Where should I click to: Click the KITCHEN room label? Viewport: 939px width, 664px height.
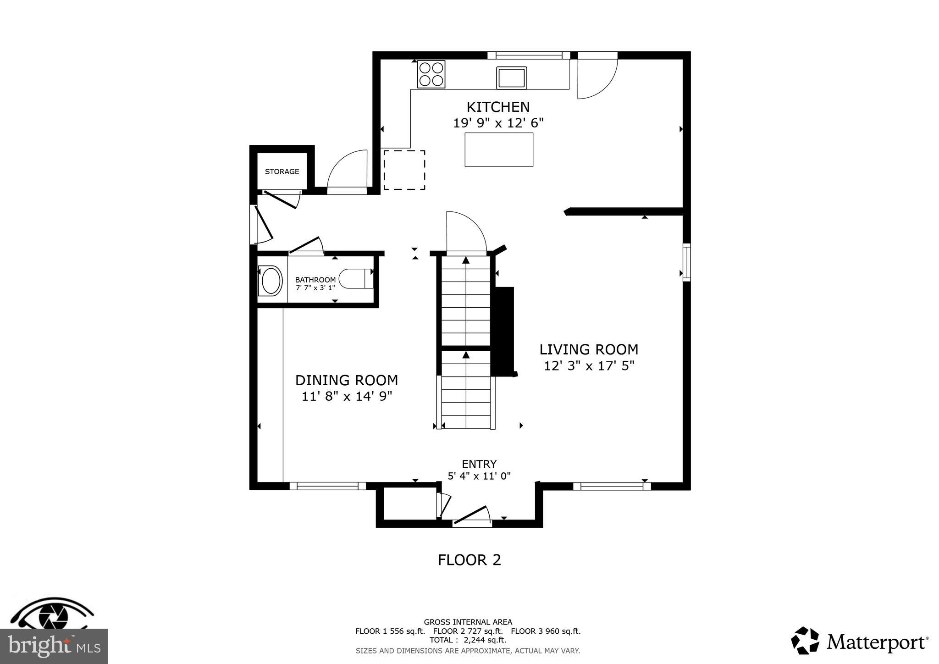[498, 107]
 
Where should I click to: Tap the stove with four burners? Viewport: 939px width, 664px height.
[431, 74]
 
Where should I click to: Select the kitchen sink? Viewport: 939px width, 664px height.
[511, 77]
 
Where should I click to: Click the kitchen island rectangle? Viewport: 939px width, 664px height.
[499, 149]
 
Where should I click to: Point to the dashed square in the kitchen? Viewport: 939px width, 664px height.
[404, 170]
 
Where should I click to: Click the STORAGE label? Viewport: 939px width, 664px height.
[282, 172]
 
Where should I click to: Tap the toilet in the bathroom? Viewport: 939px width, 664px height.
[356, 279]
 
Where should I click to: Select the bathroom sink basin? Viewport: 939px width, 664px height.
[270, 281]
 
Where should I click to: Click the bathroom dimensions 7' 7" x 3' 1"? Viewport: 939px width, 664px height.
[315, 288]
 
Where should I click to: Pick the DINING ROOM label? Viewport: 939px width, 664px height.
[346, 380]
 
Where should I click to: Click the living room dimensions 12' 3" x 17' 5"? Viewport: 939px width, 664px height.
[589, 366]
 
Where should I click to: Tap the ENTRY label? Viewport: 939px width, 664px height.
[479, 464]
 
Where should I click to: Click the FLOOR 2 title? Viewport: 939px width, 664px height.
[469, 560]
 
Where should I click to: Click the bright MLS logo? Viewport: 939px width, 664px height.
[54, 646]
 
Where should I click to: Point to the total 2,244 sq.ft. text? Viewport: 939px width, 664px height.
[468, 640]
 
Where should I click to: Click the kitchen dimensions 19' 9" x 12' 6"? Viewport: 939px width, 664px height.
[498, 123]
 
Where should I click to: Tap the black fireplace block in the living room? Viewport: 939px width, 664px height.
[503, 330]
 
